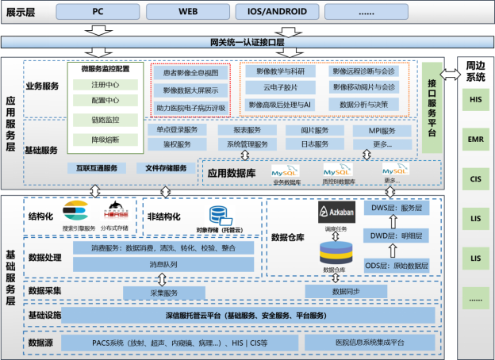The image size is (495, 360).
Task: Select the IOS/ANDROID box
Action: click(x=274, y=12)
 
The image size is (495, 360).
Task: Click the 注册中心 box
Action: click(x=106, y=84)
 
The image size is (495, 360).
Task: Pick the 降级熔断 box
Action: click(x=106, y=140)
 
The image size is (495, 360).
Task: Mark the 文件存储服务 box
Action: click(x=160, y=168)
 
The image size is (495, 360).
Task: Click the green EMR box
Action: click(x=475, y=138)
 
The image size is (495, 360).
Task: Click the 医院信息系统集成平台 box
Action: click(x=370, y=343)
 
